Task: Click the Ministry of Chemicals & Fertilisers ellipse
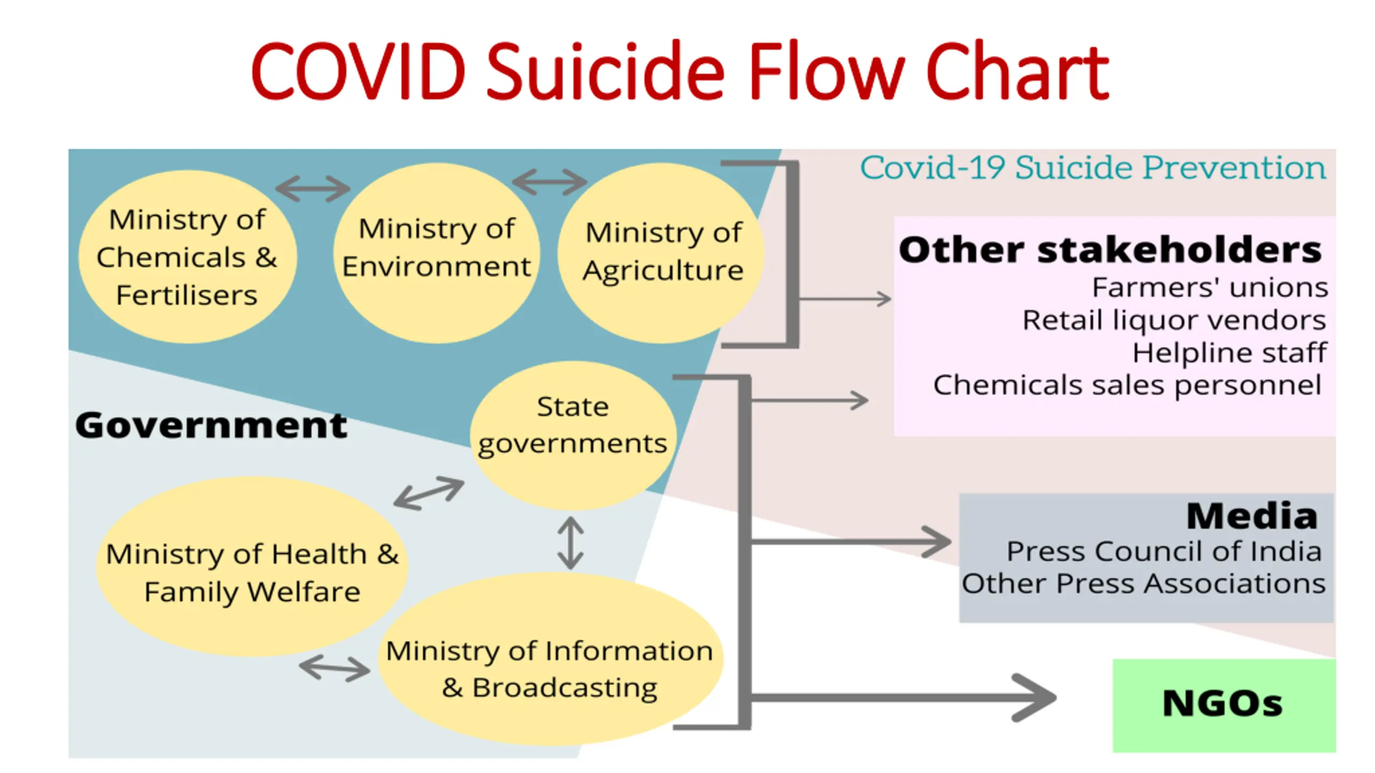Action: (187, 257)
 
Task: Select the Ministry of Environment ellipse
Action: (436, 253)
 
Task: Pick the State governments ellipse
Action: (573, 435)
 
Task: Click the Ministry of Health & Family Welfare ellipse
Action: (252, 566)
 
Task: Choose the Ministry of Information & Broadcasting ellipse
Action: (550, 659)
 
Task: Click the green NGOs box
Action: (1224, 705)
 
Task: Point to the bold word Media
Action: (1252, 516)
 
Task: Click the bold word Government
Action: (211, 425)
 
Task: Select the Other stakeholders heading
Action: (1110, 250)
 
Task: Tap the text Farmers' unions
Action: (1210, 287)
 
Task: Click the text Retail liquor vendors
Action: (1174, 320)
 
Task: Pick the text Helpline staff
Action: (1229, 353)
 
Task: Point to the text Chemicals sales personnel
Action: (1127, 385)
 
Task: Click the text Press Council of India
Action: (1164, 551)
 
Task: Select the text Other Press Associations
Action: (1144, 584)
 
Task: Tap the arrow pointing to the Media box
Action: (851, 542)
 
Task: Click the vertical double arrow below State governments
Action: (570, 543)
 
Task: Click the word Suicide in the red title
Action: (605, 71)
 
